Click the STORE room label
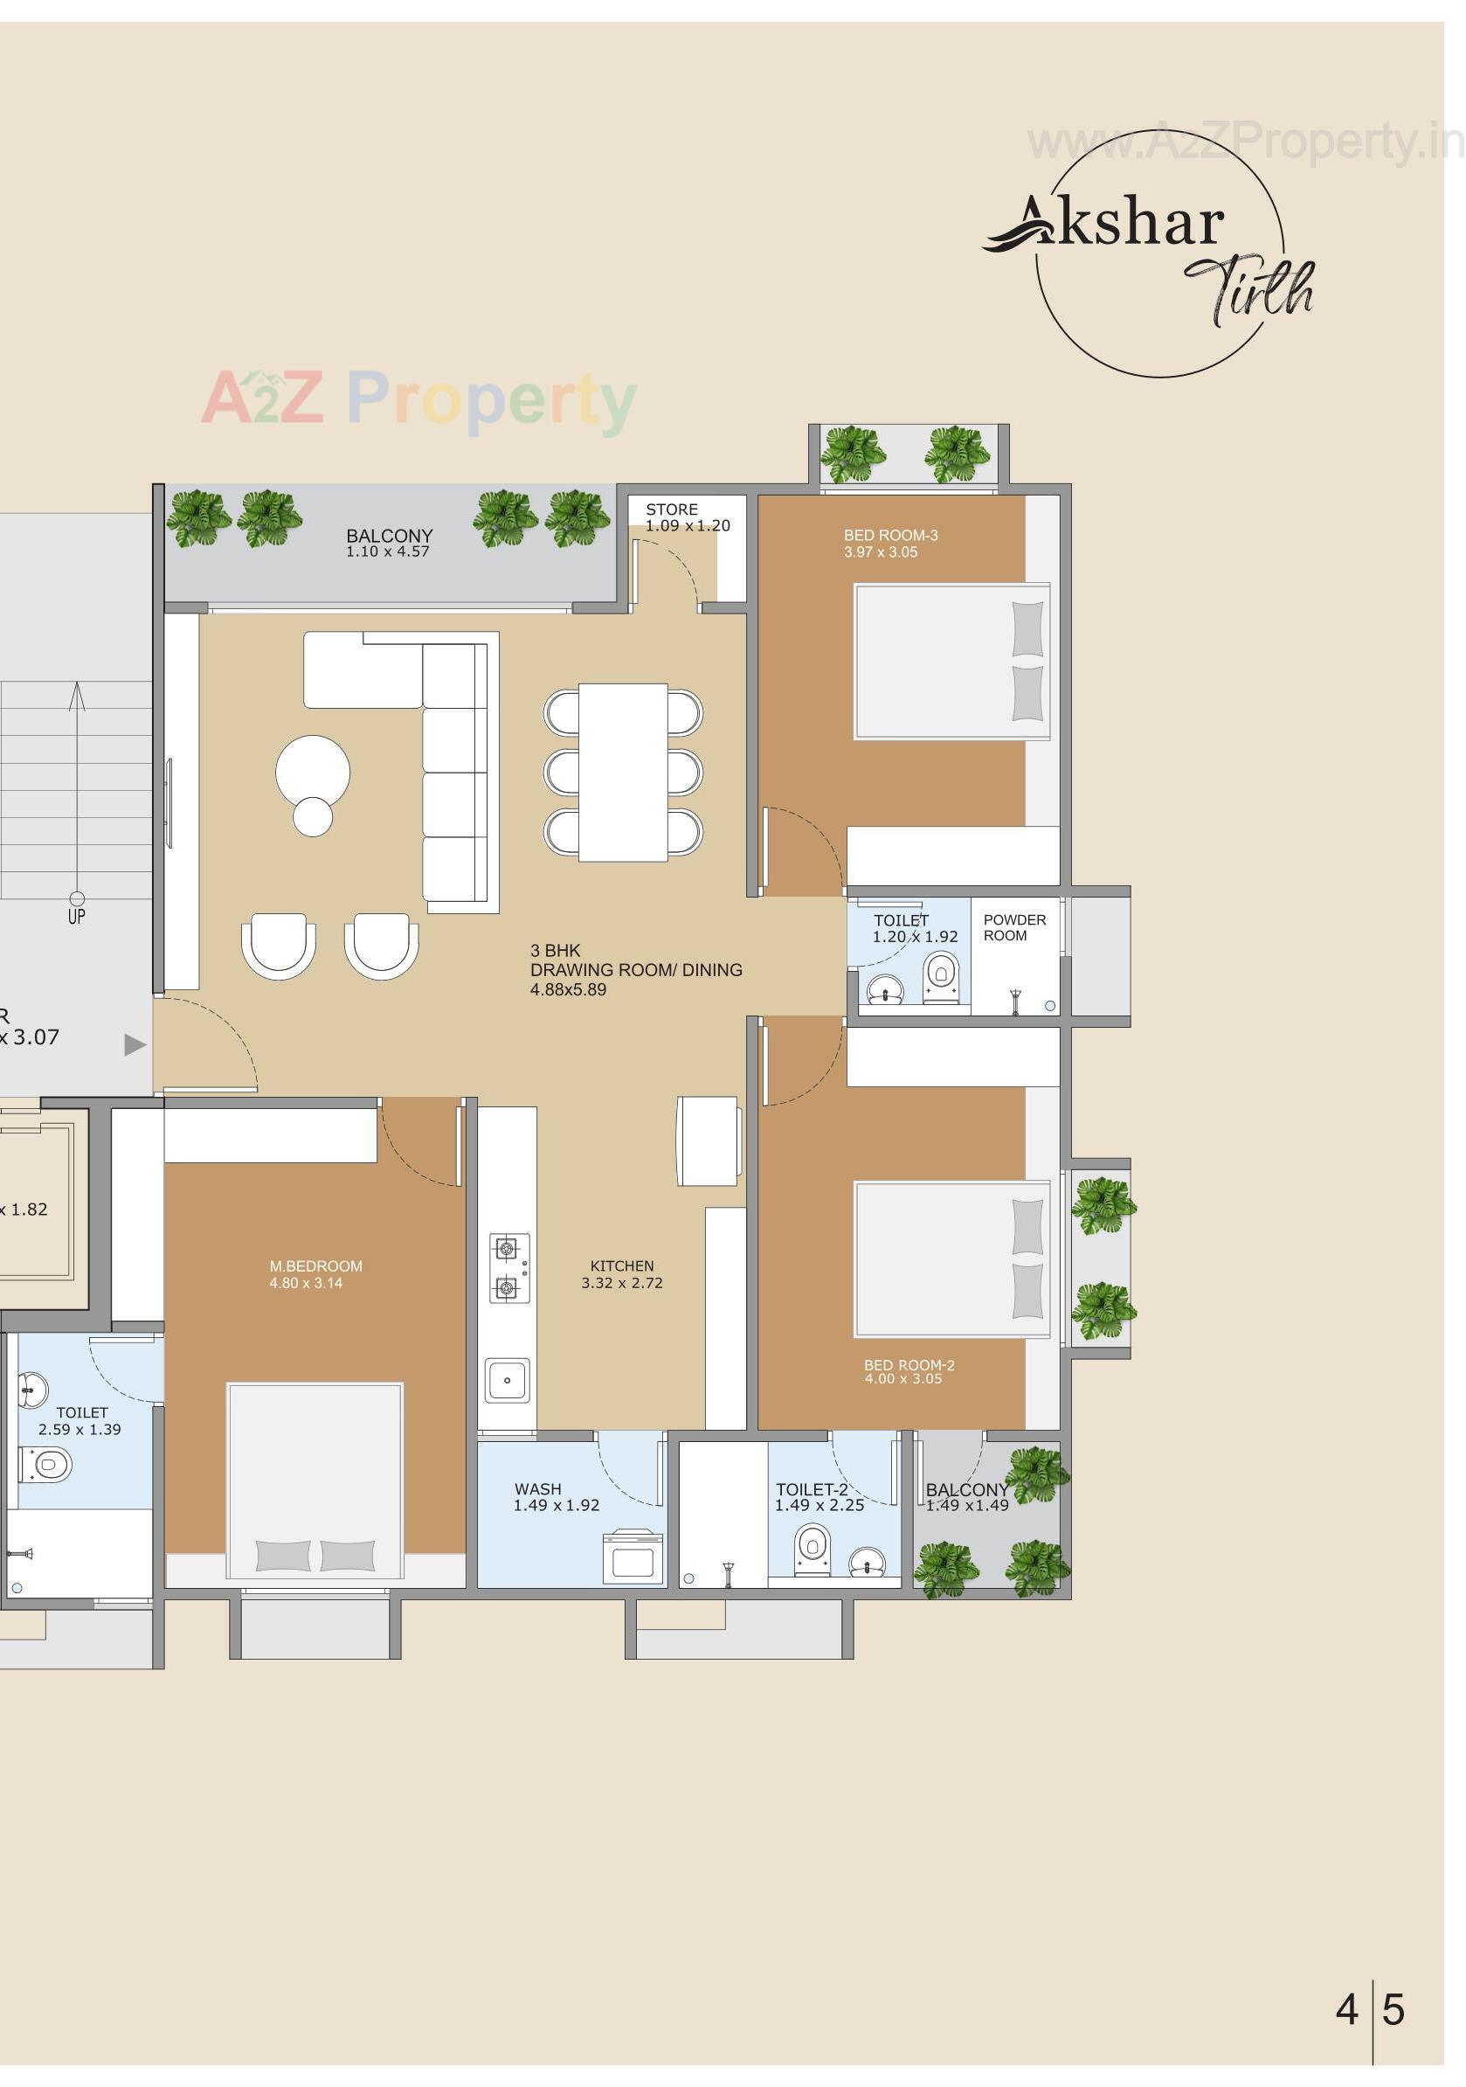pos(671,509)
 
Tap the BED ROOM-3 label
pos(889,536)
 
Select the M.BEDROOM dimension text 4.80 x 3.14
pos(306,1283)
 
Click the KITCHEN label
pos(622,1265)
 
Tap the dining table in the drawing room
pos(623,772)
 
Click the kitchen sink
pos(507,1380)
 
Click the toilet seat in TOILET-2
pos(812,1548)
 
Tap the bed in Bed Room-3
pos(951,661)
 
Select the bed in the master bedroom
pos(315,1480)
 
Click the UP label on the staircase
pos(76,916)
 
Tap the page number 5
pos(1393,2009)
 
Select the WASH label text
pos(537,1489)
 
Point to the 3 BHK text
pos(555,951)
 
